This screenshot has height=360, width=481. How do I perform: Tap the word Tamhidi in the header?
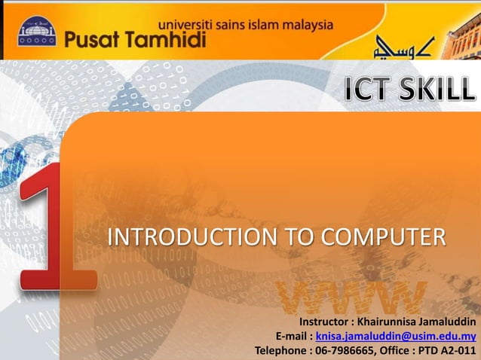165,40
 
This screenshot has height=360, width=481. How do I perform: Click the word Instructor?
326,322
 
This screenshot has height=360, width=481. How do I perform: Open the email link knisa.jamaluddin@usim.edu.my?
395,336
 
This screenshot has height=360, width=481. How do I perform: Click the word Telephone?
281,350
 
